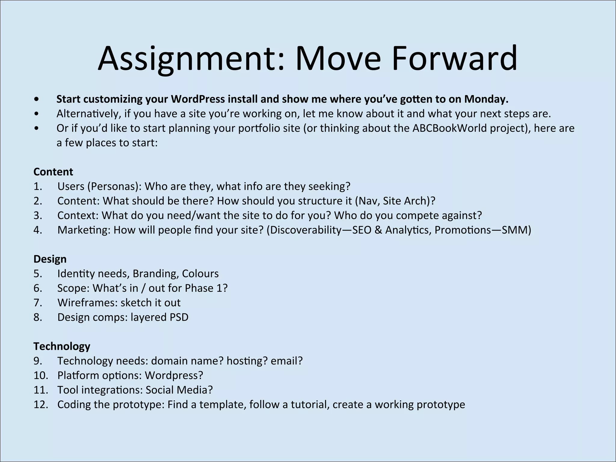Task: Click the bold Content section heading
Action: (53, 172)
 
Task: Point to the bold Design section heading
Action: (50, 259)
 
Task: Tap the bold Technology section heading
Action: (62, 346)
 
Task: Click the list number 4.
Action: (38, 230)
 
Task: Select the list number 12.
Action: (41, 405)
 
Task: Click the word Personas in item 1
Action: (114, 186)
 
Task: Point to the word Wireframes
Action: (87, 303)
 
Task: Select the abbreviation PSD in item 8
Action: (179, 317)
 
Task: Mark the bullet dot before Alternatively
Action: (36, 114)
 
